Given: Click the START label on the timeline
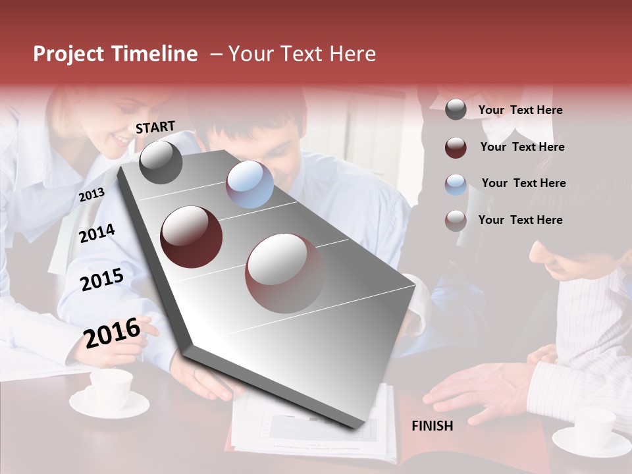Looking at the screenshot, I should coord(155,127).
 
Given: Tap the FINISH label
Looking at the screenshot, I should coord(433,426).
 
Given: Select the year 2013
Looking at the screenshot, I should coord(92,195).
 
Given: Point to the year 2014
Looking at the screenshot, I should coord(97,233).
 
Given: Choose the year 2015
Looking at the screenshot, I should coord(102,280).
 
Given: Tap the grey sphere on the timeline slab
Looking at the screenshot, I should coord(161,163).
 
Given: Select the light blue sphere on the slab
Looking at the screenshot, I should coord(250,184).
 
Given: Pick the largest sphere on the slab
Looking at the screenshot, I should coord(284,273).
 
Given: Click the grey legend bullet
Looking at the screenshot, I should coord(456,110).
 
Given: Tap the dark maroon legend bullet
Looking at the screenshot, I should coord(456,147).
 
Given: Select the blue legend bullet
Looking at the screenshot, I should coord(456,184).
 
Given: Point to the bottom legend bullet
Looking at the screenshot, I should coord(456,221).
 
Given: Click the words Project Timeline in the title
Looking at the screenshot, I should coord(115,54).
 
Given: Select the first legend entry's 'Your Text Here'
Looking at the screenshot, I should coord(520,110).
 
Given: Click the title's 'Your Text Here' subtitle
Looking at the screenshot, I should coord(302,54).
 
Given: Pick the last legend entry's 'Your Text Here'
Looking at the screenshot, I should coord(520,220).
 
